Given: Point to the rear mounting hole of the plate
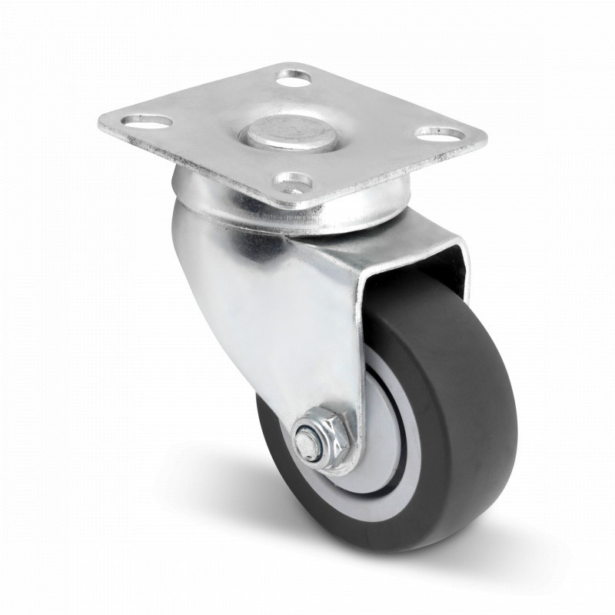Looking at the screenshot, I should pyautogui.click(x=295, y=78).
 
